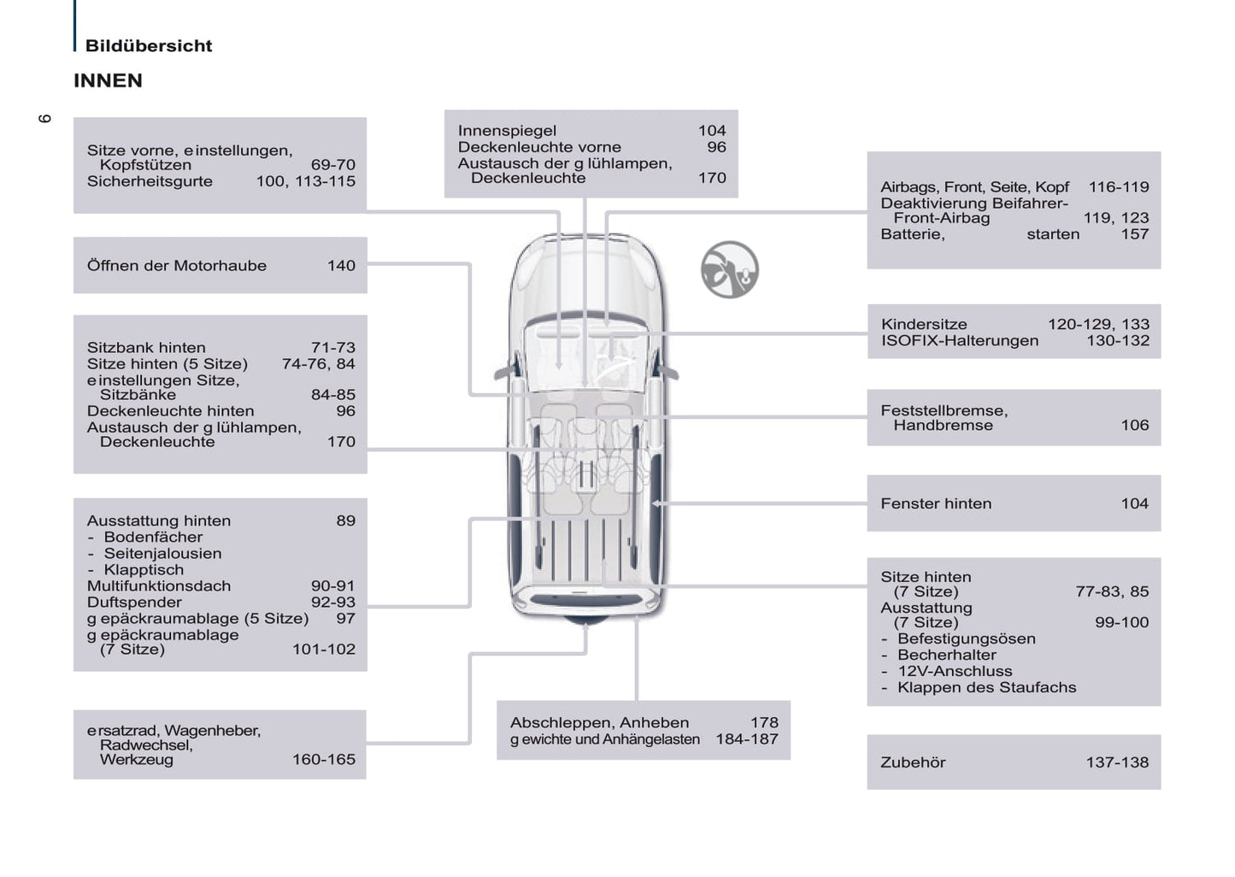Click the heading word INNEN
[x=108, y=80]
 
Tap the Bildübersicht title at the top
[x=148, y=46]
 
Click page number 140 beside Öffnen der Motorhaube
[x=341, y=266]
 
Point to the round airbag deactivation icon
[x=730, y=269]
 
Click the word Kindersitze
[x=924, y=324]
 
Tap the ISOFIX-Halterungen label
[x=960, y=340]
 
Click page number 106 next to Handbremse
[x=1134, y=425]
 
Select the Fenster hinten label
[x=936, y=503]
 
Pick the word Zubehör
[x=913, y=762]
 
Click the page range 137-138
[x=1117, y=762]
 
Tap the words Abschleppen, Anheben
[x=599, y=722]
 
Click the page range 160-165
[x=324, y=759]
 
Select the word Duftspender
[x=134, y=602]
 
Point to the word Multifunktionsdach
[x=159, y=586]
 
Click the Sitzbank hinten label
[x=146, y=347]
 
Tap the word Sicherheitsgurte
[x=150, y=181]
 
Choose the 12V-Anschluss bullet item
[x=954, y=671]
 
